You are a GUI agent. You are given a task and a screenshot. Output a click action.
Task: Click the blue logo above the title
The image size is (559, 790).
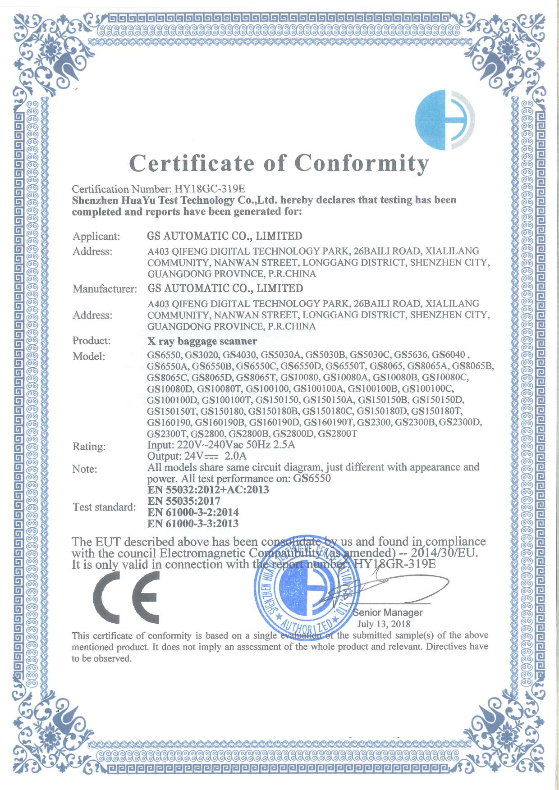point(444,119)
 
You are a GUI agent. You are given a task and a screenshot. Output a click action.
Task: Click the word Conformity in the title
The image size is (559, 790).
point(362,164)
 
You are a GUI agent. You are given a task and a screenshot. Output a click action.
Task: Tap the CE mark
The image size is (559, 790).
point(127,598)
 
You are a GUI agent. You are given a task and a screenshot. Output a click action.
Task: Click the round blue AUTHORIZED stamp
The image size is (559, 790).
point(307,595)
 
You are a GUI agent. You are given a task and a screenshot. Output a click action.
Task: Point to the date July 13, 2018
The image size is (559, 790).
point(384,624)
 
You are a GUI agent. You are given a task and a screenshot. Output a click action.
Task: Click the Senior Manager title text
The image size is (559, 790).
point(388,612)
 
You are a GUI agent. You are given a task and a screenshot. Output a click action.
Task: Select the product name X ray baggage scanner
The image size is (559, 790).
point(202,341)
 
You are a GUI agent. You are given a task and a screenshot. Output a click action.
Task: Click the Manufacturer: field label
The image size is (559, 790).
point(105,289)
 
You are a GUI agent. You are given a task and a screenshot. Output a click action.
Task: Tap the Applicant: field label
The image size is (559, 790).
point(96,237)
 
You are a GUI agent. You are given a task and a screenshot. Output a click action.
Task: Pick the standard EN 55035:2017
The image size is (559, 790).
point(184,501)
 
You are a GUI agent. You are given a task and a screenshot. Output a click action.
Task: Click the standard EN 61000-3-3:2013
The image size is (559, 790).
point(193,524)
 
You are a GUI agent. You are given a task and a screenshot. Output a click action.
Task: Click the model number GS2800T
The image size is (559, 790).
point(337,434)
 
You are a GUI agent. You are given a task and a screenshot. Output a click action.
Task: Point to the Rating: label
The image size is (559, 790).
point(89,447)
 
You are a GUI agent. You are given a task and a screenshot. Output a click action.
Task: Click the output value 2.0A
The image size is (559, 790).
point(236,456)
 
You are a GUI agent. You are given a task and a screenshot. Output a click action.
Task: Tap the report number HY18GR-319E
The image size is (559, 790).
point(394,564)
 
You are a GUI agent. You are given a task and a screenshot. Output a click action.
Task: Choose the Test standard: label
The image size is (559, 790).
point(104,507)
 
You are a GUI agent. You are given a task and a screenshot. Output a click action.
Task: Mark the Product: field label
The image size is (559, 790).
point(92,341)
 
